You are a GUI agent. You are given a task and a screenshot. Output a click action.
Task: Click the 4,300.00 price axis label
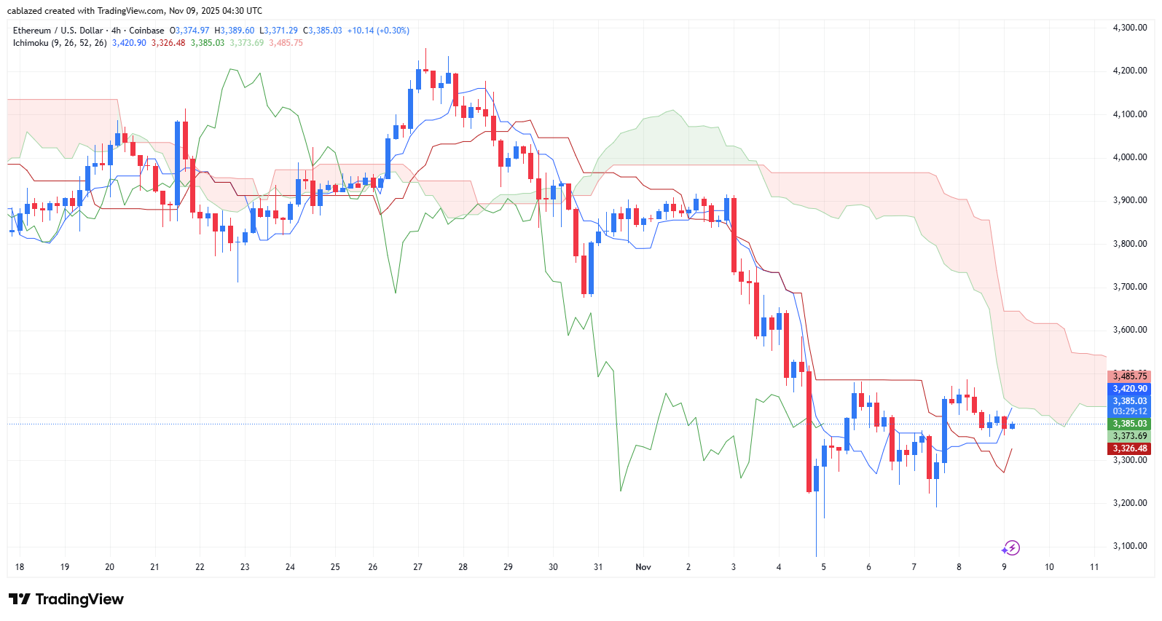pos(1129,28)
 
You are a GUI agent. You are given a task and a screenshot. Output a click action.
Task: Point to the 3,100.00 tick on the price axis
pos(1129,546)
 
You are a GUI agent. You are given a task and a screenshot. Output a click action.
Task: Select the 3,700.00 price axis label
pos(1129,287)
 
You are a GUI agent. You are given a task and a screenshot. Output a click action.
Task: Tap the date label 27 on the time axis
pos(417,567)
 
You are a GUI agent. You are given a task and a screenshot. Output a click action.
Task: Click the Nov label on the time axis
pos(643,567)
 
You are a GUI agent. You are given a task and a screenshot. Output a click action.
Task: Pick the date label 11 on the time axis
pos(1094,567)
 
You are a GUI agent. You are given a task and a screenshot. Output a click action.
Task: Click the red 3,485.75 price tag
pos(1129,376)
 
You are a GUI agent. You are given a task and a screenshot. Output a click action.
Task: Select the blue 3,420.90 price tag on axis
pos(1129,389)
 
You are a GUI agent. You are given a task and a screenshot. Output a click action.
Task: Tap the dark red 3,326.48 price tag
pos(1129,448)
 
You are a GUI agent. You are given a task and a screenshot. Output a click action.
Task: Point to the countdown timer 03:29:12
pos(1129,411)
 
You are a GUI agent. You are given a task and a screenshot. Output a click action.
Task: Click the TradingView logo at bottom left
pos(66,599)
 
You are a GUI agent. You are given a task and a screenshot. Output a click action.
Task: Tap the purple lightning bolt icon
pos(1011,547)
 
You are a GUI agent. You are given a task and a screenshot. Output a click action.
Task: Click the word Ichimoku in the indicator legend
pos(31,43)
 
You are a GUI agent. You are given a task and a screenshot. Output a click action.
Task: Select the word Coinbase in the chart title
pos(146,31)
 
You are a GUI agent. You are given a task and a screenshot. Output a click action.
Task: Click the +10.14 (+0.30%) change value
pos(378,31)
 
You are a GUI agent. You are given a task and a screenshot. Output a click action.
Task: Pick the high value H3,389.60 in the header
pos(234,31)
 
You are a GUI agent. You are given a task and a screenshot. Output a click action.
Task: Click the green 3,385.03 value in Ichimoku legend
pos(208,43)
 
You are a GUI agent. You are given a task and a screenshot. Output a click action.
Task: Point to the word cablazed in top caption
pos(24,11)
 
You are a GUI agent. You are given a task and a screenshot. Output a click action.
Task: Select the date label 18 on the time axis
pos(20,567)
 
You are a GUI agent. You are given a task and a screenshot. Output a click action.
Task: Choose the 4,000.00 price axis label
pos(1129,157)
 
